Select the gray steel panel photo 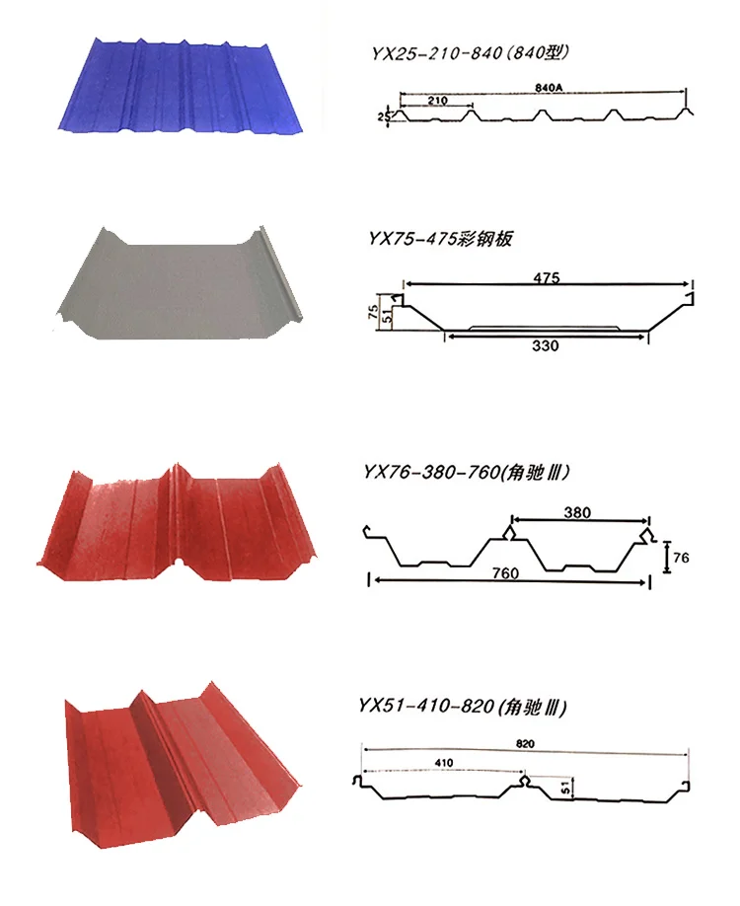(x=180, y=283)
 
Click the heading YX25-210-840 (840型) (x=470, y=53)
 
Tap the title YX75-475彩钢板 (x=440, y=238)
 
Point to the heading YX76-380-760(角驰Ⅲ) (x=466, y=473)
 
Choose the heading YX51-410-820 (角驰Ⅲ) (x=463, y=706)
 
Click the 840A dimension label (x=549, y=87)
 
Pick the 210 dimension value (x=438, y=101)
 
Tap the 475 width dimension (x=547, y=278)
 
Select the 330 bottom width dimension (x=546, y=346)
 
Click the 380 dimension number (x=577, y=512)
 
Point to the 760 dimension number (x=505, y=572)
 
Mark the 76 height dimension (x=681, y=558)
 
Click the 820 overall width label (x=525, y=743)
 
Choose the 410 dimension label (x=444, y=763)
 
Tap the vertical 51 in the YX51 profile (x=566, y=787)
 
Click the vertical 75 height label (x=373, y=312)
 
